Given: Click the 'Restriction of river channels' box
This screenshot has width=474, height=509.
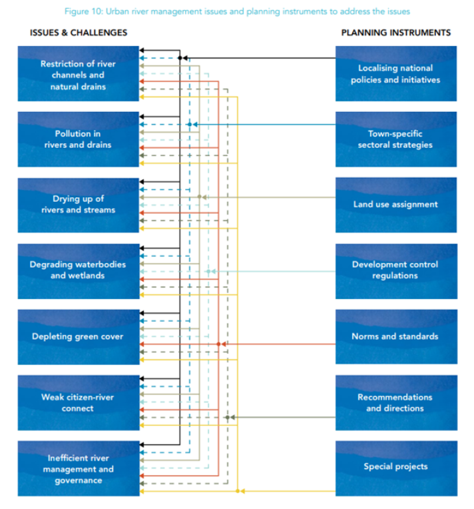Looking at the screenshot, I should tap(78, 74).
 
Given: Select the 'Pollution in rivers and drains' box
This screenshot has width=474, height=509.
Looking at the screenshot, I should tap(78, 139).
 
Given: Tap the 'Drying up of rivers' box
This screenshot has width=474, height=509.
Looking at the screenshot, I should tap(78, 204).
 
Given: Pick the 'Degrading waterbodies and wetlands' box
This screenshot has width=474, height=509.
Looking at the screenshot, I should tap(78, 270).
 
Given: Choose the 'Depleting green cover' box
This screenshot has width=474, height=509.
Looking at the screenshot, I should tap(78, 336).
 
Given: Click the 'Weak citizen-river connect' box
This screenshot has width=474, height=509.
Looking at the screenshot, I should tap(78, 402).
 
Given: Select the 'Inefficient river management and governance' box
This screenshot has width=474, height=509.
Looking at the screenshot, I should tap(78, 468).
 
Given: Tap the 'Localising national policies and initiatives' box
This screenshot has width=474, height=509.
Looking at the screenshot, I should tap(395, 74).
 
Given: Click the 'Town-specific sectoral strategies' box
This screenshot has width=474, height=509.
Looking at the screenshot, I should tap(395, 139).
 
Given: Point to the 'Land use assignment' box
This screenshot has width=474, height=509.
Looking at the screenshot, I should tap(395, 205).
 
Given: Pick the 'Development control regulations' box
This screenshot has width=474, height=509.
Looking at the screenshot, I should tap(395, 270).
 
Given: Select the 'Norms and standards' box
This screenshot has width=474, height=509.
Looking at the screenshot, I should tap(395, 336).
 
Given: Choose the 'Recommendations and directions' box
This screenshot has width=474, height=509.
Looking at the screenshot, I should tap(395, 402).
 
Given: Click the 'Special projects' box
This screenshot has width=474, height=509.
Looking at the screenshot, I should tap(395, 467).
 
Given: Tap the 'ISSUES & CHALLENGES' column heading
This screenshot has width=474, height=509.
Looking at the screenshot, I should tap(79, 33).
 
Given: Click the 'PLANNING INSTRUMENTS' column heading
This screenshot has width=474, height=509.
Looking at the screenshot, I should tap(395, 33).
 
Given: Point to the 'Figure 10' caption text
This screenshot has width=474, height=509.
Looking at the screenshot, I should tap(238, 11).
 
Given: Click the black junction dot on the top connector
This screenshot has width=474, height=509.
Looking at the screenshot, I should tap(180, 58).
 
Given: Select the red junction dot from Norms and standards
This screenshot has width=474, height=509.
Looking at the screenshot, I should tap(218, 344).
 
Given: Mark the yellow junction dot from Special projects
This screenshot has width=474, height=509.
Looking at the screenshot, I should tap(238, 491).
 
